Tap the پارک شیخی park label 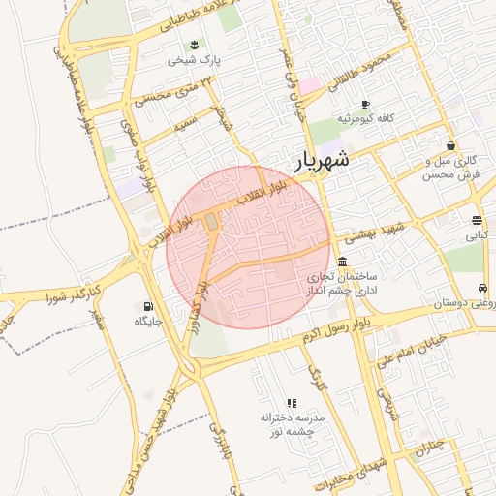coord(195,60)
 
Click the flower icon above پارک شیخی coord(195,45)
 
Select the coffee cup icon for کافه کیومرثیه coord(365,104)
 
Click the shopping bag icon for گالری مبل coord(451,145)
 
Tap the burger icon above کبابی coord(477,220)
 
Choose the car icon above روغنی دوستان coord(481,289)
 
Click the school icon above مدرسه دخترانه coord(291,402)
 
